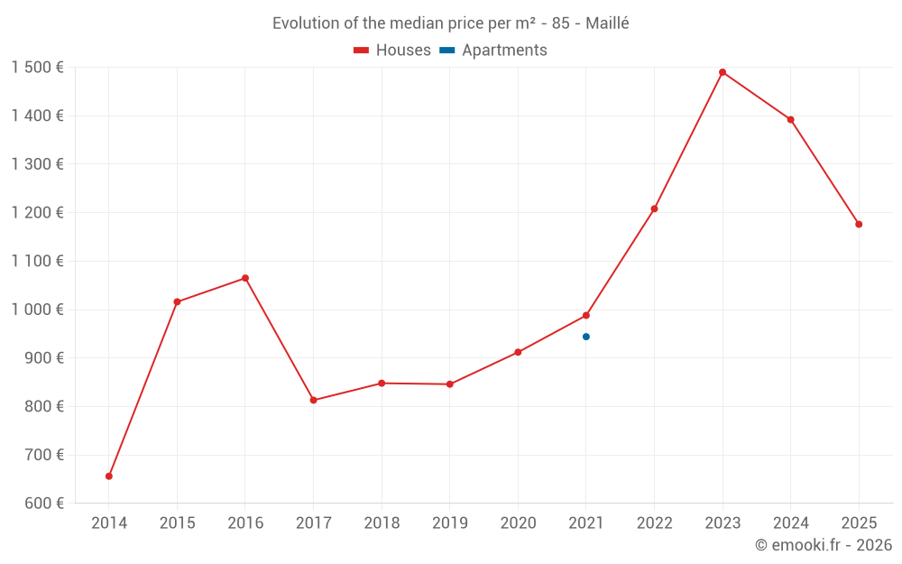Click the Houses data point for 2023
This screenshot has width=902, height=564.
[x=723, y=72]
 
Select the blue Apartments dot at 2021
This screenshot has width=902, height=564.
[x=586, y=337]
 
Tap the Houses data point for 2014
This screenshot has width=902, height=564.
[x=109, y=476]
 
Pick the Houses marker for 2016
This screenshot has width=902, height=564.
[x=245, y=278]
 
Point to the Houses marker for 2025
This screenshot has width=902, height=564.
[x=859, y=225]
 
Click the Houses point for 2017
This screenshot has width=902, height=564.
[x=314, y=400]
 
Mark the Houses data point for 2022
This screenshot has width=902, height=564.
[x=655, y=209]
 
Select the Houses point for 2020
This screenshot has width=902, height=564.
[x=518, y=352]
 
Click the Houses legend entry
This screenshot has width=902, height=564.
[x=392, y=51]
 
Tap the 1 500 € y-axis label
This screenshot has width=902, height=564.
[x=37, y=68]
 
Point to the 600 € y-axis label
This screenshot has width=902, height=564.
[x=42, y=504]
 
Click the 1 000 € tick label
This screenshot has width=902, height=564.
[x=37, y=310]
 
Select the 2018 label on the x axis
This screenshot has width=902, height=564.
[x=382, y=523]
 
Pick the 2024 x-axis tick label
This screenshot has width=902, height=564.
[x=791, y=523]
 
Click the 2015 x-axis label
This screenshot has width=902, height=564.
[x=177, y=523]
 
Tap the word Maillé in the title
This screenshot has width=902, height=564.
[x=607, y=23]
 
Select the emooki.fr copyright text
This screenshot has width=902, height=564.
[x=824, y=545]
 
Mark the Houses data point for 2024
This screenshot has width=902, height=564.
[x=791, y=120]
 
